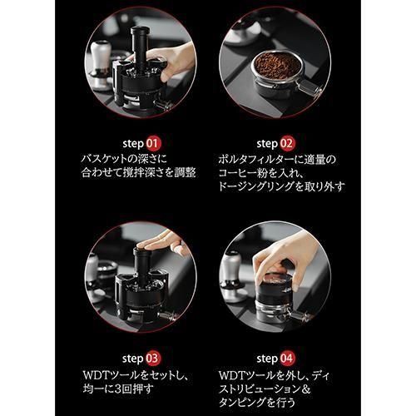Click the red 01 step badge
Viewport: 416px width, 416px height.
[153, 144]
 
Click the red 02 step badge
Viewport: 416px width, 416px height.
[287, 144]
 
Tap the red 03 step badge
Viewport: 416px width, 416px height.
[152, 359]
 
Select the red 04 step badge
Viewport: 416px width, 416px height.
[287, 359]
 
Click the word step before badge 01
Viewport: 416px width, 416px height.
[133, 144]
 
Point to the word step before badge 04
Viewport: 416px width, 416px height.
[267, 359]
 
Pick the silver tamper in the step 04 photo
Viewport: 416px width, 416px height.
[233, 277]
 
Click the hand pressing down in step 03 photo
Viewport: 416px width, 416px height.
[164, 243]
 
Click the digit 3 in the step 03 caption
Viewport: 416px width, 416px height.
[118, 389]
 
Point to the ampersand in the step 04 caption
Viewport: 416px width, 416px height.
[305, 389]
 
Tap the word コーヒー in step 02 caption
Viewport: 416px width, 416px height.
[235, 173]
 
